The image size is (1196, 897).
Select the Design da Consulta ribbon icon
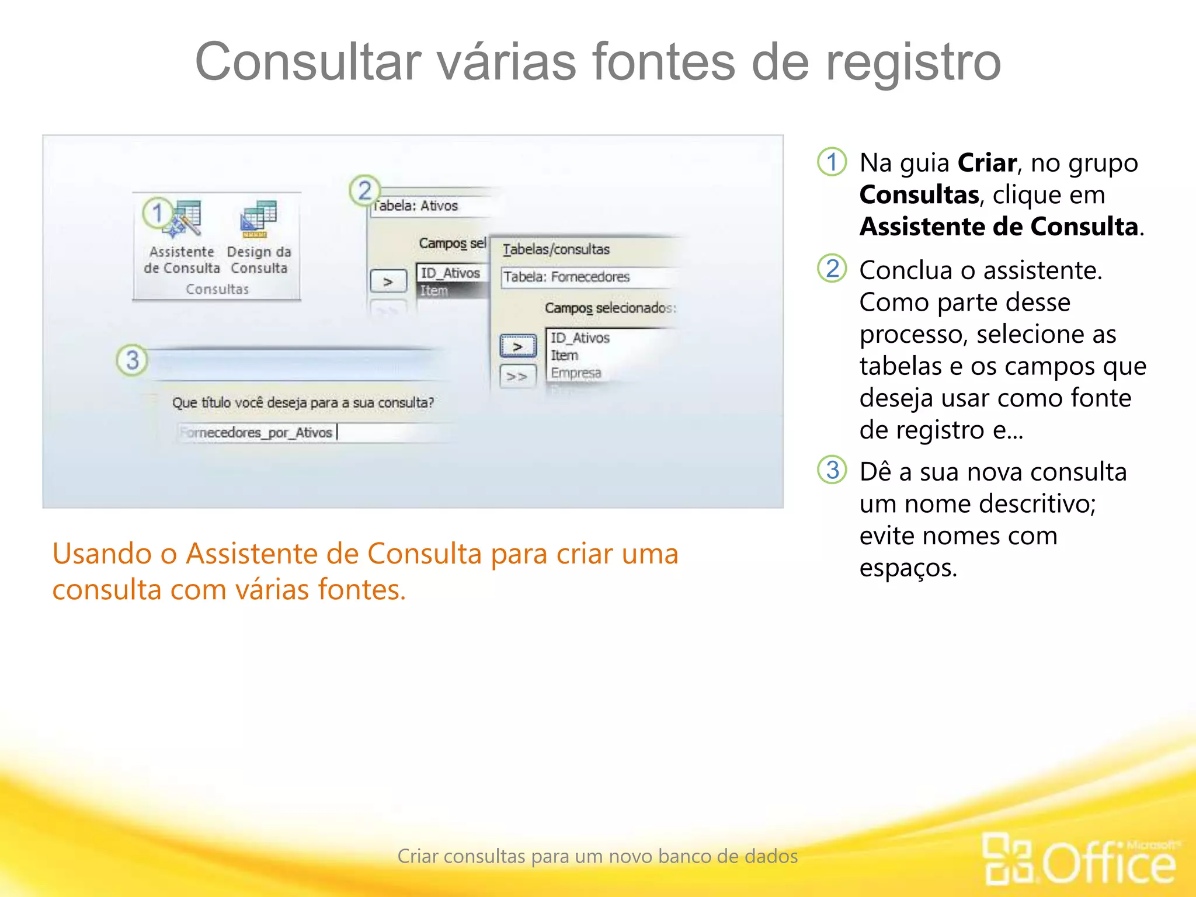point(258,220)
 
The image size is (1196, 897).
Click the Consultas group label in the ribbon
point(217,289)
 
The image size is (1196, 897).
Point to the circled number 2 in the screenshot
point(364,190)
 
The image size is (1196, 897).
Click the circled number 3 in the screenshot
point(132,360)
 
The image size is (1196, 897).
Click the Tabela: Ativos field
point(432,206)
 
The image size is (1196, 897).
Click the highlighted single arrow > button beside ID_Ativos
point(518,346)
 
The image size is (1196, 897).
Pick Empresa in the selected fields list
point(576,373)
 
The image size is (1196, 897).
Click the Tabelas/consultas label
point(556,249)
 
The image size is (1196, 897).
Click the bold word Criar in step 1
point(987,163)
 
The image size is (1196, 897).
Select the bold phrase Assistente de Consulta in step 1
point(999,227)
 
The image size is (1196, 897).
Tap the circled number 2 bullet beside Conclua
point(832,269)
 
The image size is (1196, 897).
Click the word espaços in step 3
point(908,568)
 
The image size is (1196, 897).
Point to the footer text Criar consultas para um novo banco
point(597,856)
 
